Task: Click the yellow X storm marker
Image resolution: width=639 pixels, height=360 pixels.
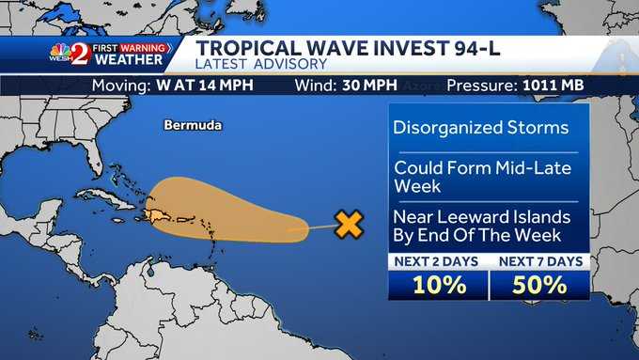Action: pyautogui.click(x=349, y=224)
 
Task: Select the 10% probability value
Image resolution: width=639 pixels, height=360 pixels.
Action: pyautogui.click(x=439, y=284)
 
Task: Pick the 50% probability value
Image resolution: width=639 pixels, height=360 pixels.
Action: pyautogui.click(x=540, y=284)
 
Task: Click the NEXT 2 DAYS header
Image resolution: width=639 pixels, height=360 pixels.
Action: pyautogui.click(x=439, y=261)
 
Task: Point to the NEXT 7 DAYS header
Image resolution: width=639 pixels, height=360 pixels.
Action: pyautogui.click(x=540, y=261)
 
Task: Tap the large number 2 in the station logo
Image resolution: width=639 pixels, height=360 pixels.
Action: pyautogui.click(x=81, y=54)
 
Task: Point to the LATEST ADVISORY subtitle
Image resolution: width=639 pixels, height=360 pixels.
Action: pyautogui.click(x=261, y=64)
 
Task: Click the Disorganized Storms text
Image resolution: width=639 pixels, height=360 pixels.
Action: pyautogui.click(x=481, y=128)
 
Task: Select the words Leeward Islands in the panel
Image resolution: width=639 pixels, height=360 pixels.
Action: pyautogui.click(x=507, y=217)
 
